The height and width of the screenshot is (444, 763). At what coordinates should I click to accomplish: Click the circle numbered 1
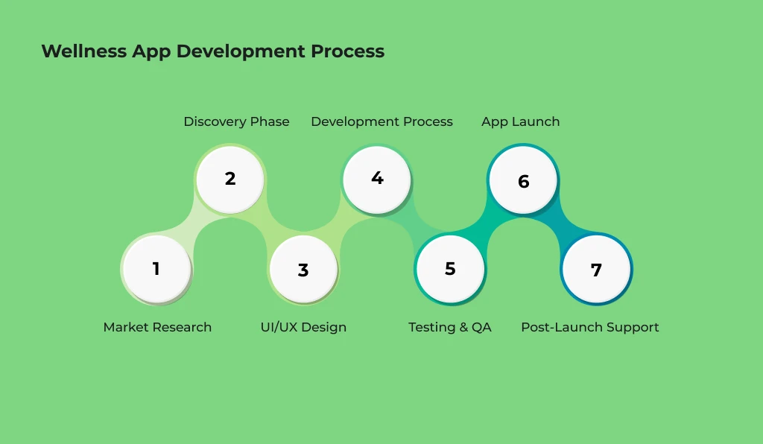click(x=156, y=269)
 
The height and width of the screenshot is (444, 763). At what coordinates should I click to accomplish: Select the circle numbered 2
click(x=229, y=180)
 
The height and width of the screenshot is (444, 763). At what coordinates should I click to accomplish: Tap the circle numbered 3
click(x=303, y=270)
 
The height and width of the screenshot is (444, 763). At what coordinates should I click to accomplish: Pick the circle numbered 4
click(x=376, y=179)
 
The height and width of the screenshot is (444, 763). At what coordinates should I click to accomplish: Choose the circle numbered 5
click(x=449, y=269)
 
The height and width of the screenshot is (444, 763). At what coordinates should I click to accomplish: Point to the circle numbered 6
click(x=523, y=181)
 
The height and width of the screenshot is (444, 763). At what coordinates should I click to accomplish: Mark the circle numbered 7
click(x=596, y=270)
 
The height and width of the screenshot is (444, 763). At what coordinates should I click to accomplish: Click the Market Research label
click(x=157, y=327)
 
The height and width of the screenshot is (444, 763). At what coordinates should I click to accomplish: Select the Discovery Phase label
click(x=236, y=121)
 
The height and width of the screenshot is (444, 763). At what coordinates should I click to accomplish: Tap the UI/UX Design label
click(x=303, y=327)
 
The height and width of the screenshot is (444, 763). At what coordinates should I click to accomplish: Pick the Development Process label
click(x=381, y=121)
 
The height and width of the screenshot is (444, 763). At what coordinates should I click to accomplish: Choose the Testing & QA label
click(x=450, y=327)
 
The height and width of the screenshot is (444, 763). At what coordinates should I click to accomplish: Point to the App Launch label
click(x=520, y=121)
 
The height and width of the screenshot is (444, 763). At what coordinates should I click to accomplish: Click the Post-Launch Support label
click(x=589, y=327)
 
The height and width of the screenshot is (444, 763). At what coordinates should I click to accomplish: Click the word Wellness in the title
click(x=84, y=51)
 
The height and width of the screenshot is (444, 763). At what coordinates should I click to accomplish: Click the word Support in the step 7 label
click(x=633, y=328)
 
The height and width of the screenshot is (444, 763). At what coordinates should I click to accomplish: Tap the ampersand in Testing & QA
click(x=460, y=327)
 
